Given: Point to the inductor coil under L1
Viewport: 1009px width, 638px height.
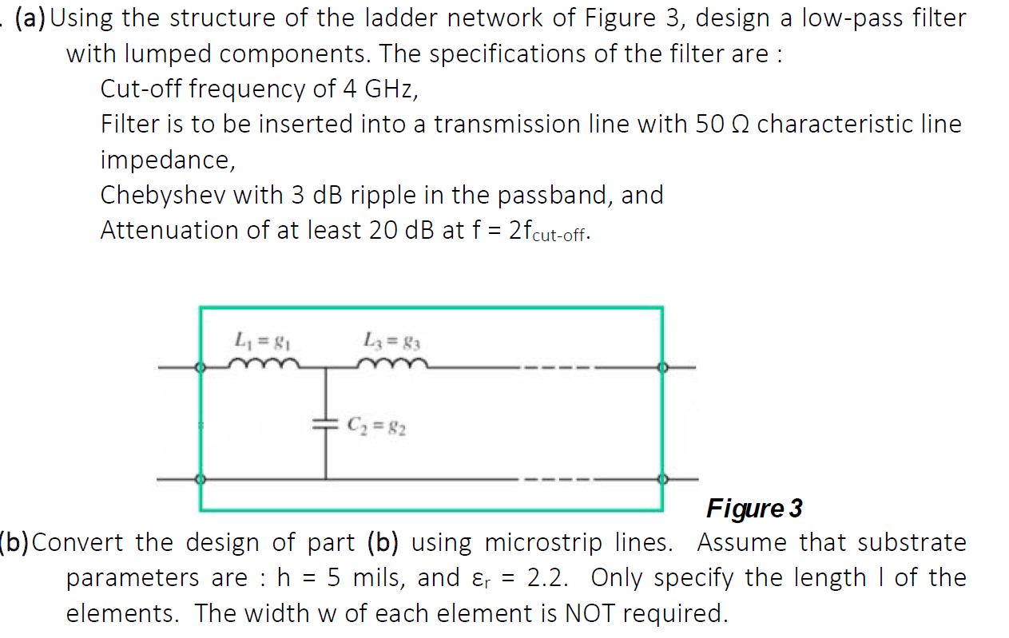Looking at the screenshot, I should click(x=264, y=365).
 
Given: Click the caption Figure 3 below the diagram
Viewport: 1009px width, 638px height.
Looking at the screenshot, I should click(x=754, y=508).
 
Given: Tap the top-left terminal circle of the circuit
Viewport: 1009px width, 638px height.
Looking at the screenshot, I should click(x=201, y=368).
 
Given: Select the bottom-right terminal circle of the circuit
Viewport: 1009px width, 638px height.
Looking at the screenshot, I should click(x=661, y=479).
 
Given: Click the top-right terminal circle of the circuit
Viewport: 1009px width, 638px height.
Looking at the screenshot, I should click(x=661, y=368).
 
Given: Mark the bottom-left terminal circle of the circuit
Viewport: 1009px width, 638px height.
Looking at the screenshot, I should click(x=201, y=479).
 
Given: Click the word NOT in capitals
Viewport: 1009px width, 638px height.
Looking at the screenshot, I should click(x=592, y=613).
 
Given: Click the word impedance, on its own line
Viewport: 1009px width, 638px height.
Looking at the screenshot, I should click(x=167, y=160).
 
